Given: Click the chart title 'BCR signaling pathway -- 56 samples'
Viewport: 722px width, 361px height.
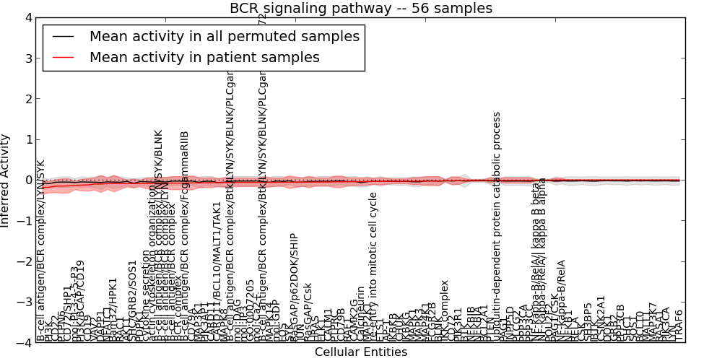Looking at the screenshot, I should [361, 9].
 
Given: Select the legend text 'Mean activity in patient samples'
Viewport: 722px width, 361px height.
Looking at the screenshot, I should [204, 57].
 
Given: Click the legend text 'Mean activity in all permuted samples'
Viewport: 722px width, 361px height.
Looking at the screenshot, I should [224, 35].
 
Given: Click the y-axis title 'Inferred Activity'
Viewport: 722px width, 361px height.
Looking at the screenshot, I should [6, 180].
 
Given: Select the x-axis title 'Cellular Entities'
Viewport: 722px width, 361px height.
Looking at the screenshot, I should [361, 352].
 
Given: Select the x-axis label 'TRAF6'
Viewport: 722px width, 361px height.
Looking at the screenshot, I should [678, 325].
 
